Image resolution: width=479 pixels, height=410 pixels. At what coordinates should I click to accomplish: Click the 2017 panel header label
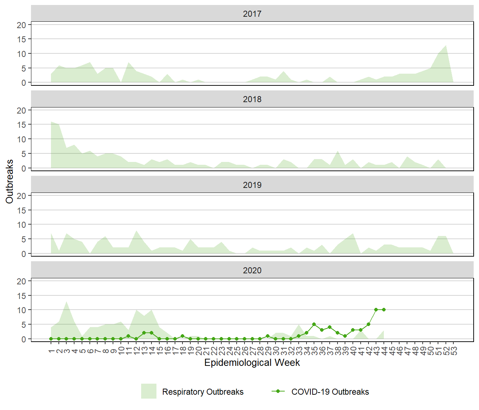(252, 14)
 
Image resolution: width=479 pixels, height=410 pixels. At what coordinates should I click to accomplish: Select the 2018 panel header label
(252, 99)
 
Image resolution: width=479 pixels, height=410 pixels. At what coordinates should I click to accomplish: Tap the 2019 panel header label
(252, 185)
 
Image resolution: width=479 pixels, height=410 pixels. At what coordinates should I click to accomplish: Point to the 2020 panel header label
(252, 270)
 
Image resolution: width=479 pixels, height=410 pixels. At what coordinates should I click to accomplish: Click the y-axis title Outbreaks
(10, 182)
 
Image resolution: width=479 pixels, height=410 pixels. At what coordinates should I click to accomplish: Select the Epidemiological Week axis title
(252, 363)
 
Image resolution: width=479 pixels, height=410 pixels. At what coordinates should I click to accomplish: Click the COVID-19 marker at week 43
(376, 310)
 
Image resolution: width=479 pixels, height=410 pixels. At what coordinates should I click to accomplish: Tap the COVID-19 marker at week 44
(384, 310)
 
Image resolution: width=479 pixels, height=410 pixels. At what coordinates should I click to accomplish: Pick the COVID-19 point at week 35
(314, 324)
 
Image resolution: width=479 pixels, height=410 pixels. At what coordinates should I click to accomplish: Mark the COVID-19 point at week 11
(128, 336)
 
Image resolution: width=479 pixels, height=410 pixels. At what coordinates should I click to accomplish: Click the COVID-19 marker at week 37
(330, 327)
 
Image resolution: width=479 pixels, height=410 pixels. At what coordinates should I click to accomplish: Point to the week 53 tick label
(454, 351)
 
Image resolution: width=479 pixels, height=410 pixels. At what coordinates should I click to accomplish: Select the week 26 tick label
(244, 351)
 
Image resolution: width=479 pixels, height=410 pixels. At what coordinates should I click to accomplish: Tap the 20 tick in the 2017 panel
(21, 25)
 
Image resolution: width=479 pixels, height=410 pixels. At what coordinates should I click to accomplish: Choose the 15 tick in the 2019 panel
(21, 210)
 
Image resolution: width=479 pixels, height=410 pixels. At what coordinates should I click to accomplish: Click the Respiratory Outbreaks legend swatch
(149, 391)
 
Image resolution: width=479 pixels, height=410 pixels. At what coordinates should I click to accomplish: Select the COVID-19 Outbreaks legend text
(330, 392)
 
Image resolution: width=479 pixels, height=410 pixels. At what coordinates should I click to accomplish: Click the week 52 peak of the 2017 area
(446, 45)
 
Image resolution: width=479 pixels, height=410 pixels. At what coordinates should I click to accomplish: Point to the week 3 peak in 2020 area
(66, 301)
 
